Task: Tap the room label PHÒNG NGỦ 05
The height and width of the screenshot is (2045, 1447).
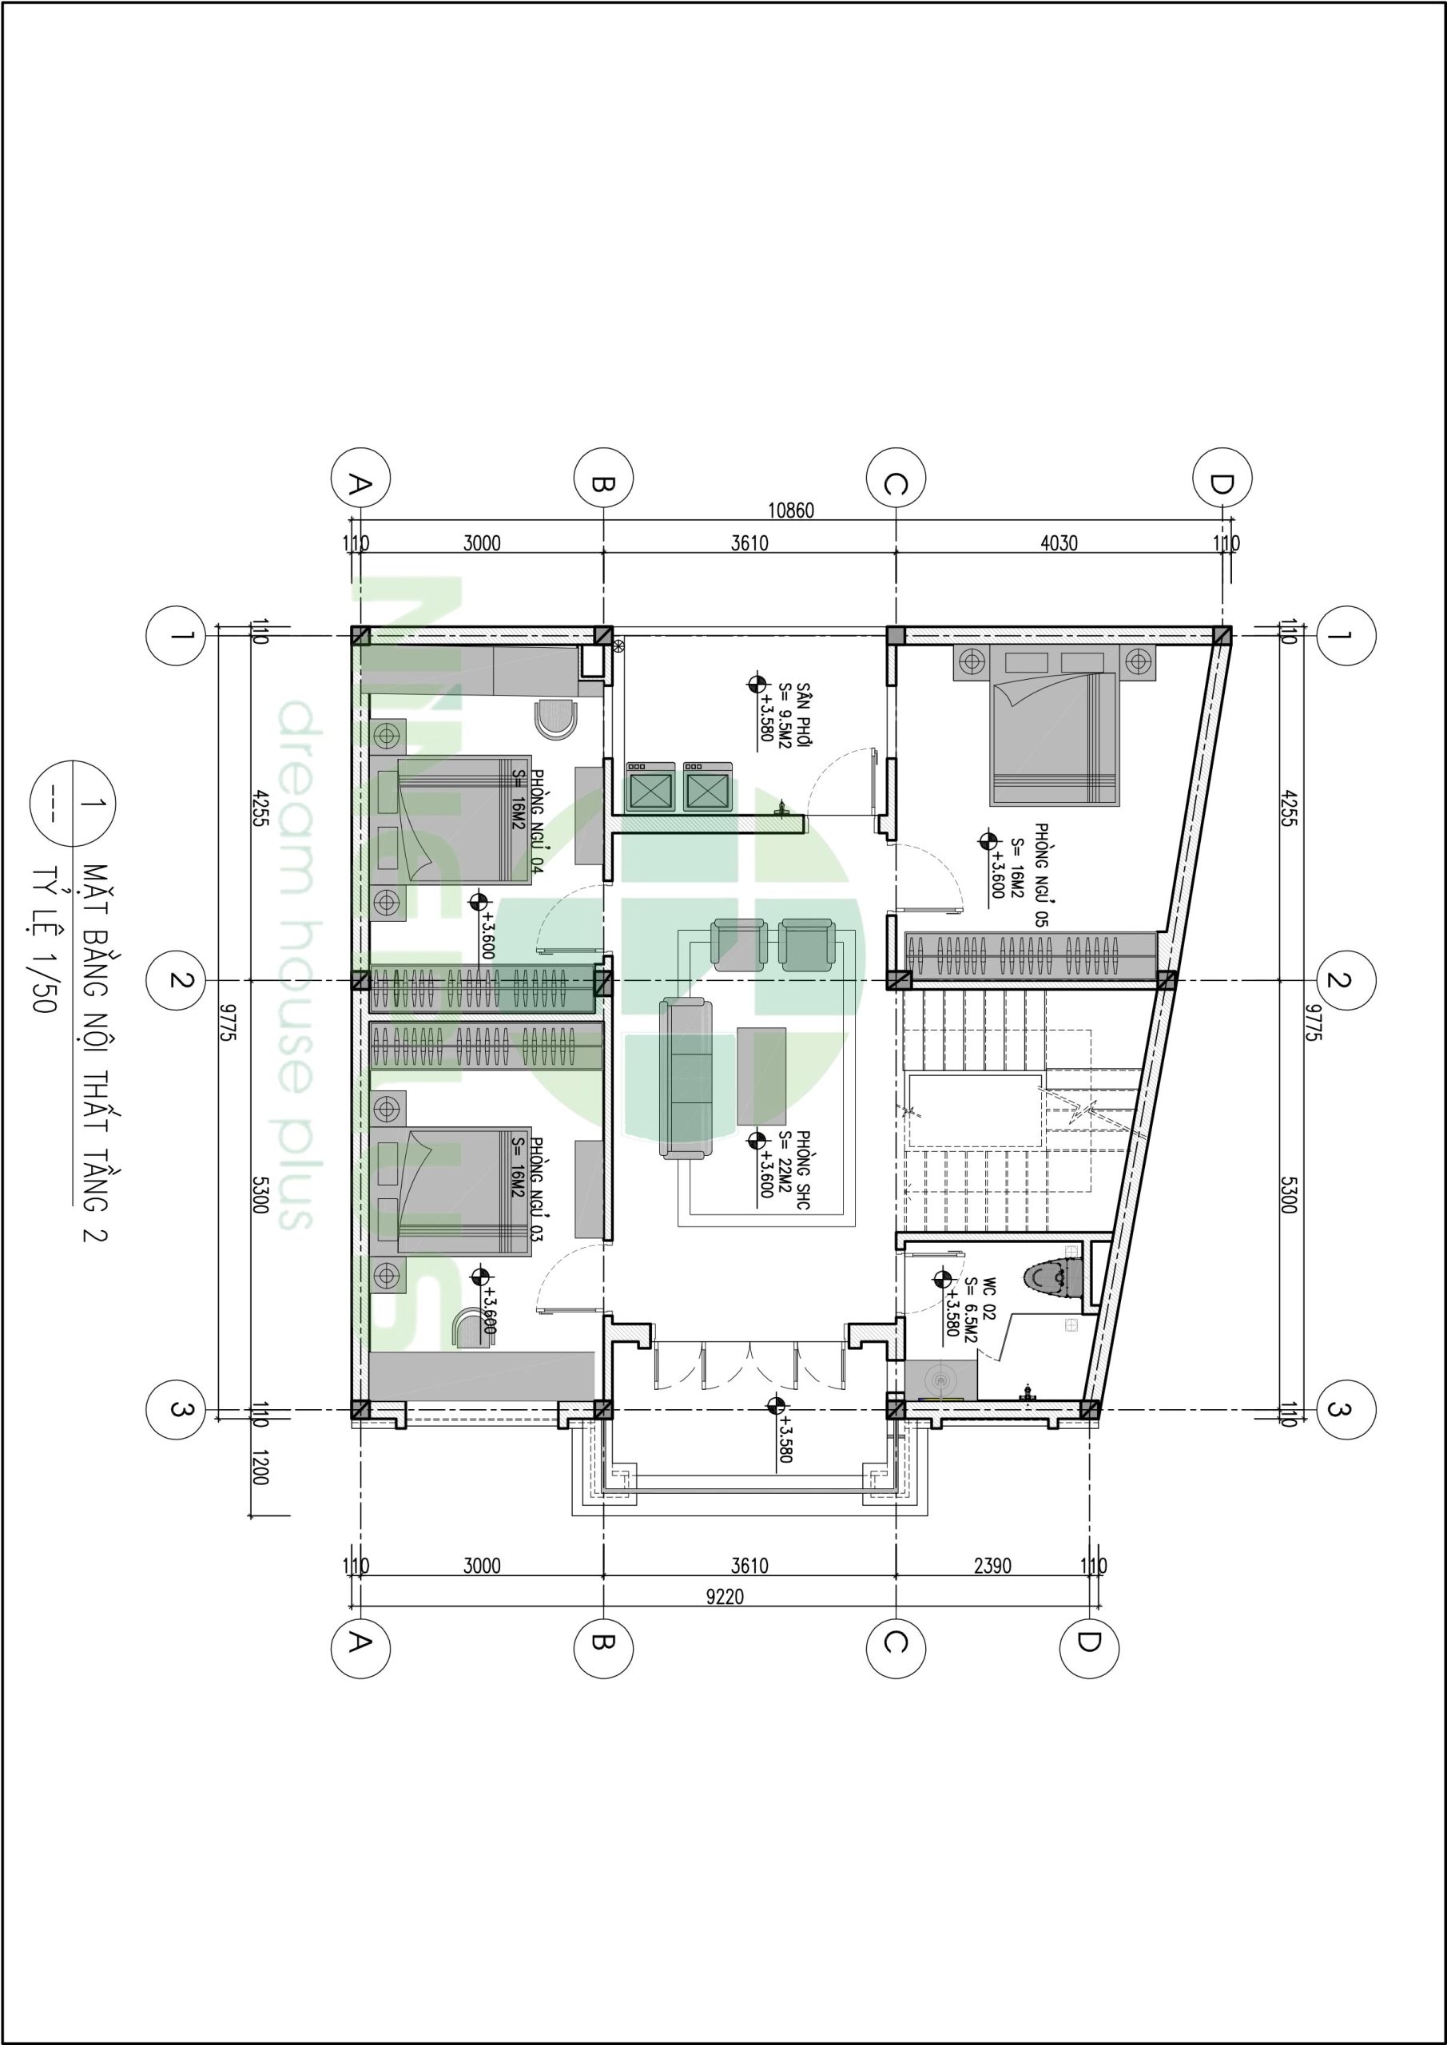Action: tap(1040, 876)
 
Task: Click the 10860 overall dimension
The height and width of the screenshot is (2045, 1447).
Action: tap(790, 511)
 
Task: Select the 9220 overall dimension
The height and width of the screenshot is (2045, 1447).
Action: tap(725, 1597)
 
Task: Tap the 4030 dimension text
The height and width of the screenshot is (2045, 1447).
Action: tap(1059, 542)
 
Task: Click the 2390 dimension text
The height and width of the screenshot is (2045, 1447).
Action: tap(992, 1566)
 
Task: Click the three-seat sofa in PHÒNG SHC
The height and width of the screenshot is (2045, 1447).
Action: tap(687, 1079)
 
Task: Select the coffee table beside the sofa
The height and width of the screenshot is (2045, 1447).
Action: tap(761, 1076)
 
